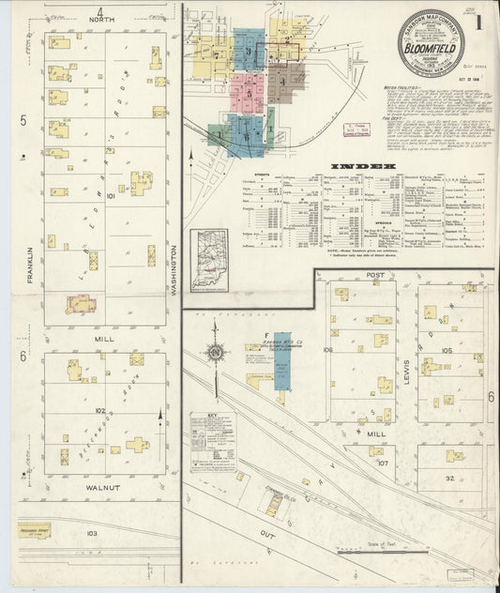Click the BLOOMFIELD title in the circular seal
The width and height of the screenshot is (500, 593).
click(431, 43)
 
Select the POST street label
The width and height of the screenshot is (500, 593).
click(376, 274)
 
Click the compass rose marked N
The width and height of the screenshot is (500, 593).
click(215, 352)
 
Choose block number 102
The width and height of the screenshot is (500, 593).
click(99, 409)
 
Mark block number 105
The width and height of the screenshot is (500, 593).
click(447, 350)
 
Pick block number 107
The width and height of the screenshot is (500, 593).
click(383, 464)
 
